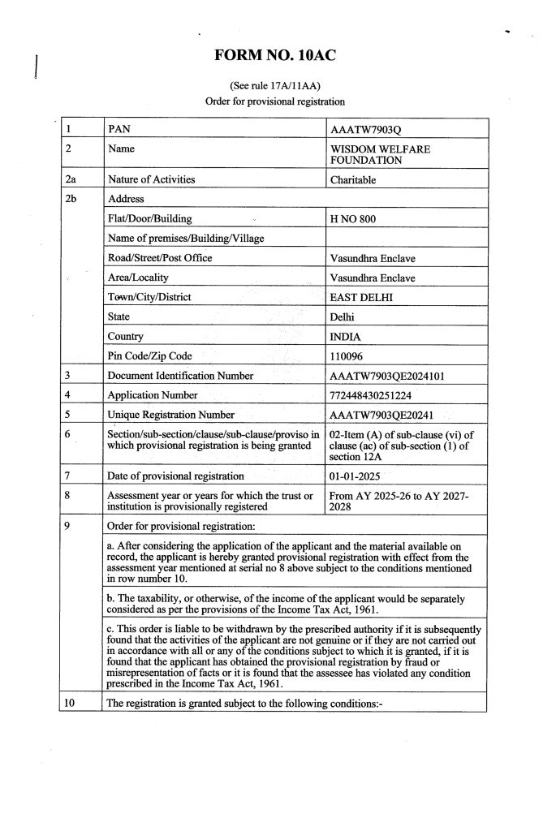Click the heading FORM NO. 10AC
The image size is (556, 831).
[x=276, y=55]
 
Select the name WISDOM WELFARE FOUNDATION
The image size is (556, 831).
[x=381, y=155]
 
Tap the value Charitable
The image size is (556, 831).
[x=354, y=180]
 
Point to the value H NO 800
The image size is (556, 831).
[x=354, y=219]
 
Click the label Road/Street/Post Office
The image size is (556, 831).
[x=160, y=258]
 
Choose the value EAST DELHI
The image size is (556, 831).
[x=361, y=297]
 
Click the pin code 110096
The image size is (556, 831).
[x=350, y=355]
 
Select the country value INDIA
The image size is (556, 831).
[x=347, y=336]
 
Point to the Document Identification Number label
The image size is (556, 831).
[x=180, y=376]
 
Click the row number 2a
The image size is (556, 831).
[x=71, y=179]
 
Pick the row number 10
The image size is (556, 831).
[x=71, y=704]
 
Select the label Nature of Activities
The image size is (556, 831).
[x=152, y=179]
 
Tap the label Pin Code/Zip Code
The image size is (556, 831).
[x=149, y=355]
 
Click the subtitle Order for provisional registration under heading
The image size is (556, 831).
[x=276, y=101]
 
